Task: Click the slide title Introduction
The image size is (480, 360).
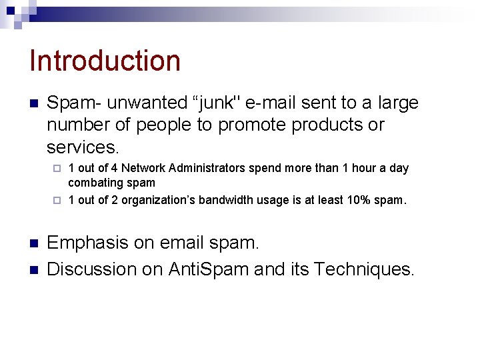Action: [x=105, y=61]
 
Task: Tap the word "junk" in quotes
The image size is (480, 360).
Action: [x=217, y=103]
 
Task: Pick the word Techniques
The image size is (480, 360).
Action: [x=363, y=269]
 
